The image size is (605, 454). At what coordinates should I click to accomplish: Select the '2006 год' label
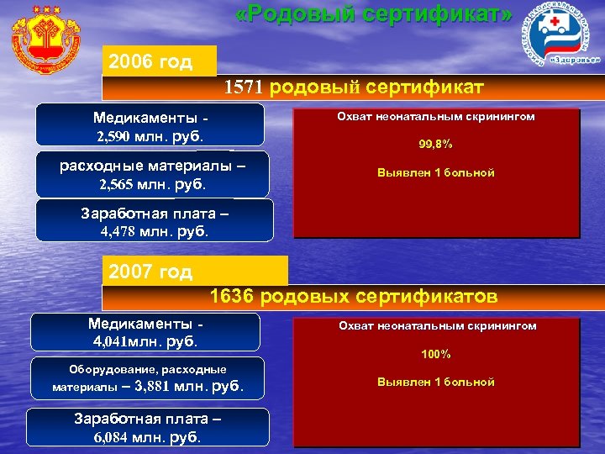pos(150,62)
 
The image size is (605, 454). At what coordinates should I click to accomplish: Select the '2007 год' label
pos(150,272)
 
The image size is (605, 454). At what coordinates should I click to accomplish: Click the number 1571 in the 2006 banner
pos(245,87)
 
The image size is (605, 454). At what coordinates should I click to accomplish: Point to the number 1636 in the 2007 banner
pos(232,296)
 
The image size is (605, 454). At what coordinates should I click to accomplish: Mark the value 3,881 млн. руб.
pos(188,387)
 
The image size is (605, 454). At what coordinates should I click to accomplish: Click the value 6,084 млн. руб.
pos(147,436)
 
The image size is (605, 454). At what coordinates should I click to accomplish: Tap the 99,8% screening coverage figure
pos(435,145)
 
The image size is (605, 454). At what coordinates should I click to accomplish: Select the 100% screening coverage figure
pos(436,354)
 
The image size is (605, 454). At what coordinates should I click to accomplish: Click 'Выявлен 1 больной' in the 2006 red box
pos(436,172)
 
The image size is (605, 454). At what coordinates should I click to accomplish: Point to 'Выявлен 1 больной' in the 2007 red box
pos(436,382)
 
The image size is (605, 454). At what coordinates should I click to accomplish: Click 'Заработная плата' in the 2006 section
pos(154,214)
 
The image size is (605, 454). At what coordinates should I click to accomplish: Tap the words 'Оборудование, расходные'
pos(147,370)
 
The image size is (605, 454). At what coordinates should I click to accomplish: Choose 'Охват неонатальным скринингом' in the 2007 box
pos(437,325)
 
